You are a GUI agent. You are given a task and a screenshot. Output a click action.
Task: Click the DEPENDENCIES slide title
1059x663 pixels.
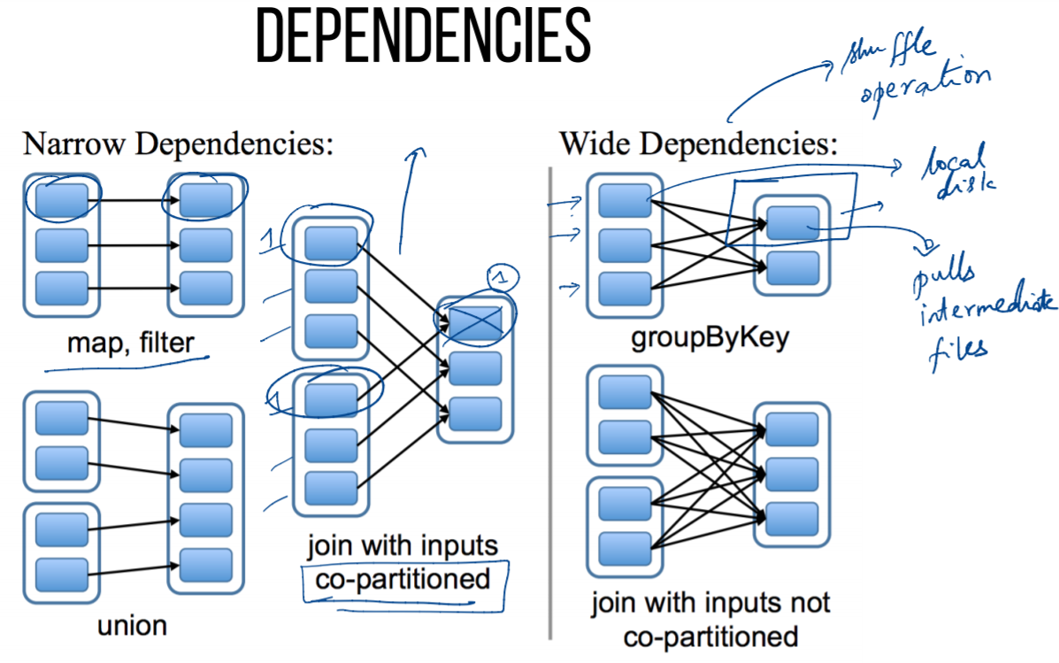423,38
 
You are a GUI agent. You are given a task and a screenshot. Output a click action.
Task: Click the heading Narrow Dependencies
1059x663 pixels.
178,143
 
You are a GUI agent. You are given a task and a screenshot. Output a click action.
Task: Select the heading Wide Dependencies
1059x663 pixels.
697,143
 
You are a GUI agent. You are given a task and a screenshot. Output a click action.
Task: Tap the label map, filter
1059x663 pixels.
130,342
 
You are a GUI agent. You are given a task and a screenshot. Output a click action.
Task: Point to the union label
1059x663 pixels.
132,625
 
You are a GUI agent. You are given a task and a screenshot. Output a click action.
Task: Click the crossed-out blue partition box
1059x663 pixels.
474,320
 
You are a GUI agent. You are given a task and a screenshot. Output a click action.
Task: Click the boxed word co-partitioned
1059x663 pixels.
404,579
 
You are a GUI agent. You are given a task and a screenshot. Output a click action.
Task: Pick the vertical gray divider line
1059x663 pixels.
550,398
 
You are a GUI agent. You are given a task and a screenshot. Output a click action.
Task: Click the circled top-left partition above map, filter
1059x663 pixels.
62,199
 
